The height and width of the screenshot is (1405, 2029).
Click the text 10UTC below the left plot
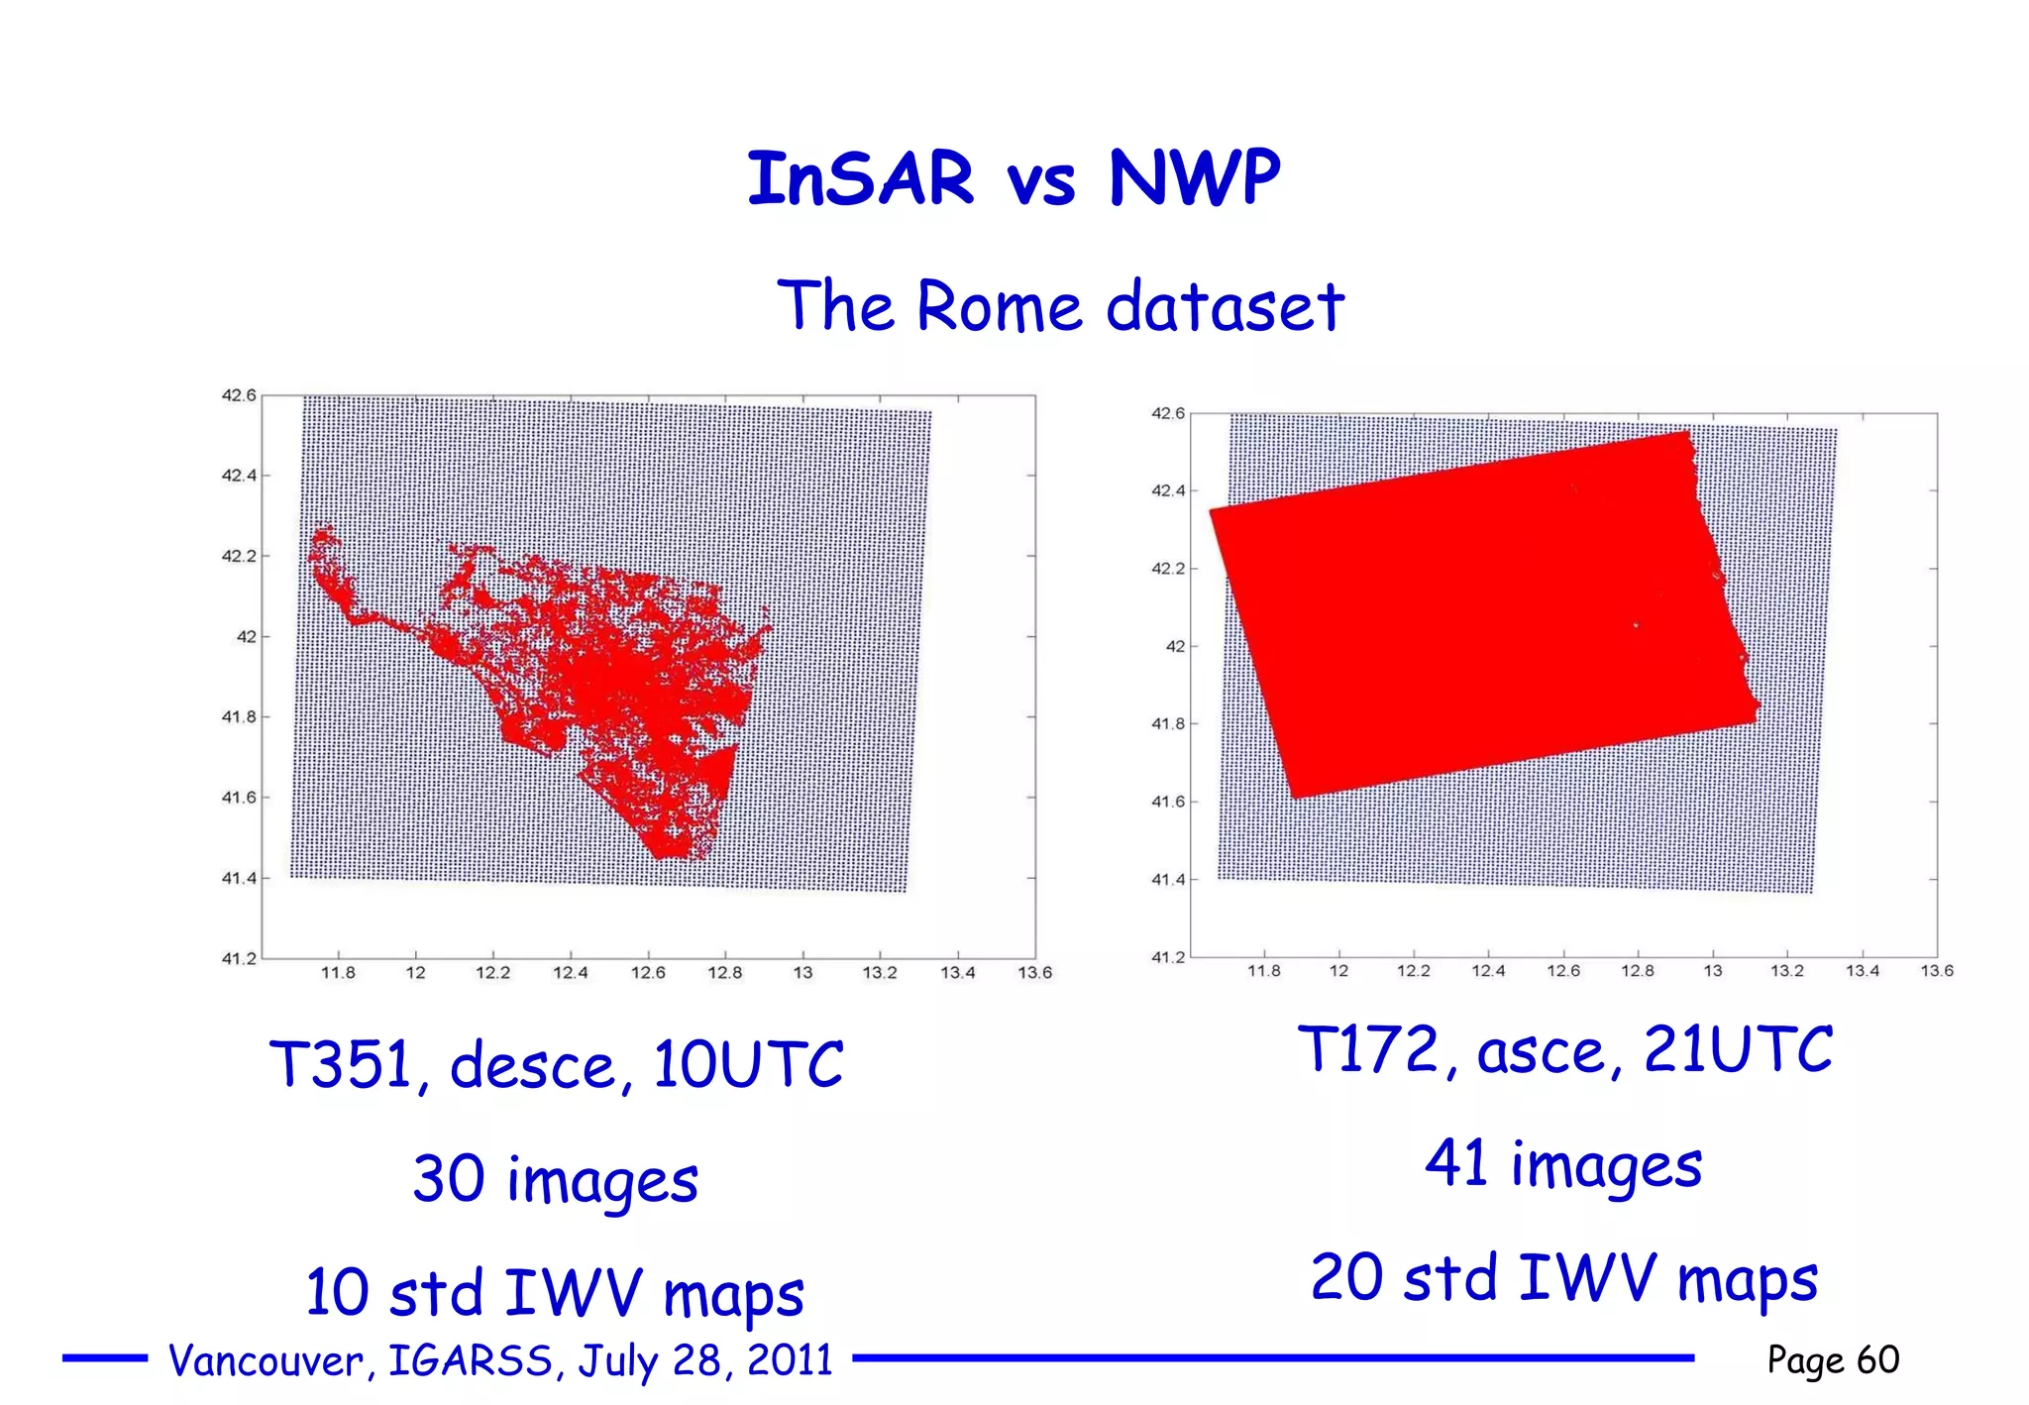(x=748, y=1065)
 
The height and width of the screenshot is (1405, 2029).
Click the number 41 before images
(x=1456, y=1163)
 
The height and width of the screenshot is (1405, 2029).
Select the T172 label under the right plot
(x=1368, y=1049)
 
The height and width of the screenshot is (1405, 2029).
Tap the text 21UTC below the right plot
(x=1739, y=1049)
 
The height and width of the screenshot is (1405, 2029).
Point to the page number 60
(x=1877, y=1359)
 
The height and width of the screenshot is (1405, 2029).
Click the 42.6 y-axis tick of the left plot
(x=239, y=395)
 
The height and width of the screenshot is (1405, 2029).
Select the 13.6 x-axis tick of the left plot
(x=1034, y=973)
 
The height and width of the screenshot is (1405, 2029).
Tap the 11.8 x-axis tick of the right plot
(x=1263, y=971)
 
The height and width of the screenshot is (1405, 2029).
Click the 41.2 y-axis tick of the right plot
(x=1167, y=957)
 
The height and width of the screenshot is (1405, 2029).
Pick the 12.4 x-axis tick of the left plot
(x=570, y=973)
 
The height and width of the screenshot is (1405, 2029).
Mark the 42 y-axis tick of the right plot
(x=1175, y=646)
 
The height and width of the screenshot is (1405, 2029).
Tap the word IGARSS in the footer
(x=470, y=1360)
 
